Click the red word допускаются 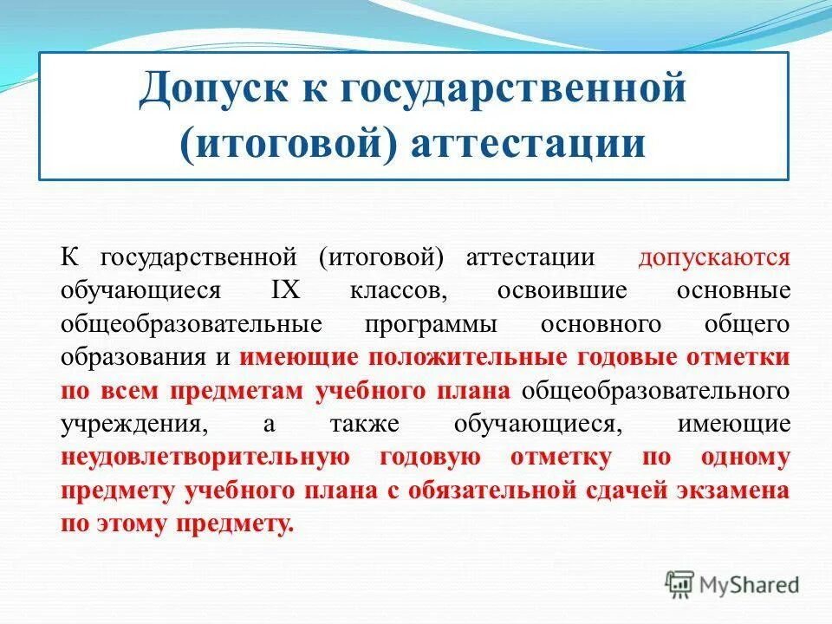(x=714, y=257)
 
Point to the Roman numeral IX (x=286, y=290)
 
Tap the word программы (x=431, y=324)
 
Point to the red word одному (x=745, y=457)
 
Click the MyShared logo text (x=750, y=584)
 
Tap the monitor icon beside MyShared (x=680, y=584)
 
